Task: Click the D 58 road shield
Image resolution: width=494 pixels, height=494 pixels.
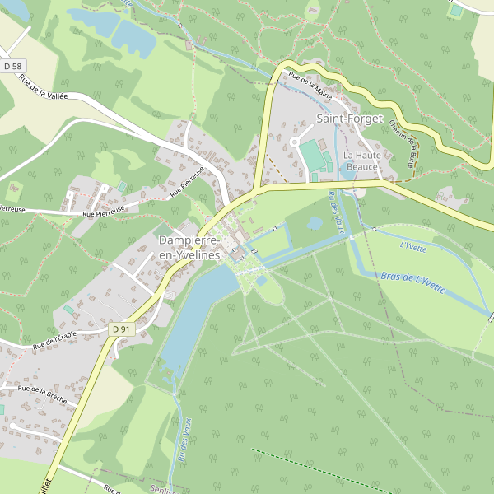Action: (12, 66)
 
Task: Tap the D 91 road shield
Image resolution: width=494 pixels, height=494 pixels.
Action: (121, 329)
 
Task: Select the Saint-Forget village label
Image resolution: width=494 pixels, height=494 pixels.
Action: (349, 119)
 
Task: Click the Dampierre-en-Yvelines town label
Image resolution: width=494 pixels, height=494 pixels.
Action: (190, 248)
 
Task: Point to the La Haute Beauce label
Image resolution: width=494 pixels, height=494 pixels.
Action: (361, 161)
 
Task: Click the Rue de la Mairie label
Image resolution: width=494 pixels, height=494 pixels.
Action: (310, 87)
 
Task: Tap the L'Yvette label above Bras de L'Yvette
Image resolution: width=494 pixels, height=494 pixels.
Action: (413, 245)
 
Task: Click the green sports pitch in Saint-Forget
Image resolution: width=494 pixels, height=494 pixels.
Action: (314, 154)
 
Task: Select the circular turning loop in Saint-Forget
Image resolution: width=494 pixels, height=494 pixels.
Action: (294, 143)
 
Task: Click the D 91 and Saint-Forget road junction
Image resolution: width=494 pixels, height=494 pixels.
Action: (258, 190)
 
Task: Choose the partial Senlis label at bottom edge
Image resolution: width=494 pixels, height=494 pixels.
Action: (162, 490)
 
